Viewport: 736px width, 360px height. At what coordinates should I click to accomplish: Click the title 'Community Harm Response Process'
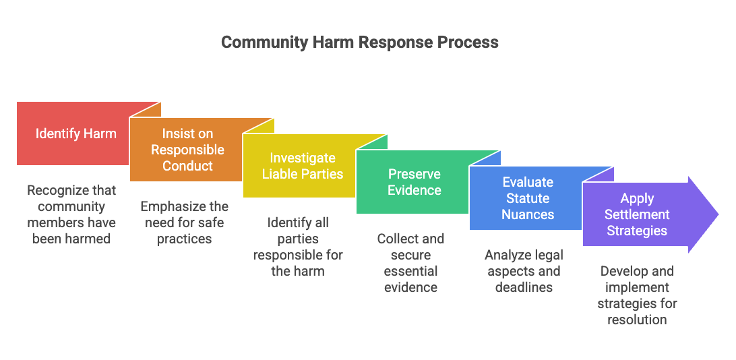(360, 42)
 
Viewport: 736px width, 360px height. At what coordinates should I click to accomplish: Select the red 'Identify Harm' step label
(75, 133)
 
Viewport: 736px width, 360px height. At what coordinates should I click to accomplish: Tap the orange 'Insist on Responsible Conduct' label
(187, 150)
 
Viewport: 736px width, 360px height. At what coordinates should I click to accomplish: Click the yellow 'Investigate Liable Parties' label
(302, 166)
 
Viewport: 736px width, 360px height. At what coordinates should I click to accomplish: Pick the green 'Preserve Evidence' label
(414, 182)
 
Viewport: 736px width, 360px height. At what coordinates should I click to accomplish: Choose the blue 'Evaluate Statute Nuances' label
(528, 198)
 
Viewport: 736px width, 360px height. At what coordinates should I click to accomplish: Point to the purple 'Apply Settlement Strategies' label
(637, 214)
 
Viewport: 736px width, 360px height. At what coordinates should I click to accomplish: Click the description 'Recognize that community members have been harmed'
(71, 214)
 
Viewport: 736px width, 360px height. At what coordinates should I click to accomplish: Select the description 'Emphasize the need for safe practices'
(185, 222)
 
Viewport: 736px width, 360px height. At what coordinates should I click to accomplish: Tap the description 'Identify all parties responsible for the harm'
(298, 247)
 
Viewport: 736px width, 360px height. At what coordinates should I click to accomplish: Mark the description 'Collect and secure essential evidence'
(411, 263)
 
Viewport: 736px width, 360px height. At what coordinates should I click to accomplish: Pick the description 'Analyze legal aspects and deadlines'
(524, 271)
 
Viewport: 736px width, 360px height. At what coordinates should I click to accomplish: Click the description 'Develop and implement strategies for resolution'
(637, 295)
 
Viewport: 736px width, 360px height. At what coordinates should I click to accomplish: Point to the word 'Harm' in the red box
(100, 133)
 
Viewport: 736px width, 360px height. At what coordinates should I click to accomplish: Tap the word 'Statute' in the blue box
(528, 198)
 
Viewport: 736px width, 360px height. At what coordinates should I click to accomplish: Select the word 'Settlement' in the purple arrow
(637, 214)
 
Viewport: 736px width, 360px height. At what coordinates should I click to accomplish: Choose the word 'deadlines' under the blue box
(524, 287)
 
